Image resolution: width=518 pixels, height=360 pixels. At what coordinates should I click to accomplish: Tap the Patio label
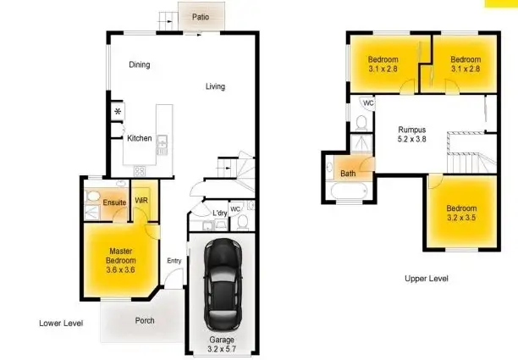(x=201, y=16)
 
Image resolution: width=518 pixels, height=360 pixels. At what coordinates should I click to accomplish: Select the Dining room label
(x=140, y=65)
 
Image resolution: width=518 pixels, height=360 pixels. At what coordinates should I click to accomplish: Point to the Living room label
(x=215, y=86)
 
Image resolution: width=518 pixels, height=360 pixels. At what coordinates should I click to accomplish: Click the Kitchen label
(x=139, y=138)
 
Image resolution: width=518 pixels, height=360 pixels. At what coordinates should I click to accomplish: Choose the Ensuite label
(x=114, y=203)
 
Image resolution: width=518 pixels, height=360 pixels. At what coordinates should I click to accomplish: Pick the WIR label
(x=141, y=201)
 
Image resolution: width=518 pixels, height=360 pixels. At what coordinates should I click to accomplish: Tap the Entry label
(x=174, y=260)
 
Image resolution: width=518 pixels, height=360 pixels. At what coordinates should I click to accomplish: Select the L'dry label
(x=220, y=212)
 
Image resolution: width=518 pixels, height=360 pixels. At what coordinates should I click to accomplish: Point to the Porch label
(x=145, y=321)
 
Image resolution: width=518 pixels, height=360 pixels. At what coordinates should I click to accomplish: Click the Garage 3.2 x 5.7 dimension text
(x=223, y=343)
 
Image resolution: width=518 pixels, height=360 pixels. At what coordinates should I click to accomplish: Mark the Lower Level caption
(x=61, y=324)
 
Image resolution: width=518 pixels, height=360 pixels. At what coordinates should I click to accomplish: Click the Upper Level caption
(x=427, y=279)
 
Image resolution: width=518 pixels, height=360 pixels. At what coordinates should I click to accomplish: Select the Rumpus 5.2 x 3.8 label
(x=413, y=136)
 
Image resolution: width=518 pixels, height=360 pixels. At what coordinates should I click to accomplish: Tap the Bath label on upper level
(x=349, y=174)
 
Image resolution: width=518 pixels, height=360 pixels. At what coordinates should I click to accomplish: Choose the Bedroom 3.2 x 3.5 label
(x=461, y=213)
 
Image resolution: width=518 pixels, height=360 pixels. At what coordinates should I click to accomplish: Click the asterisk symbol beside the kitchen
(x=118, y=112)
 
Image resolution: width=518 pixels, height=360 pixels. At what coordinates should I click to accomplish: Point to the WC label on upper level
(x=368, y=103)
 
